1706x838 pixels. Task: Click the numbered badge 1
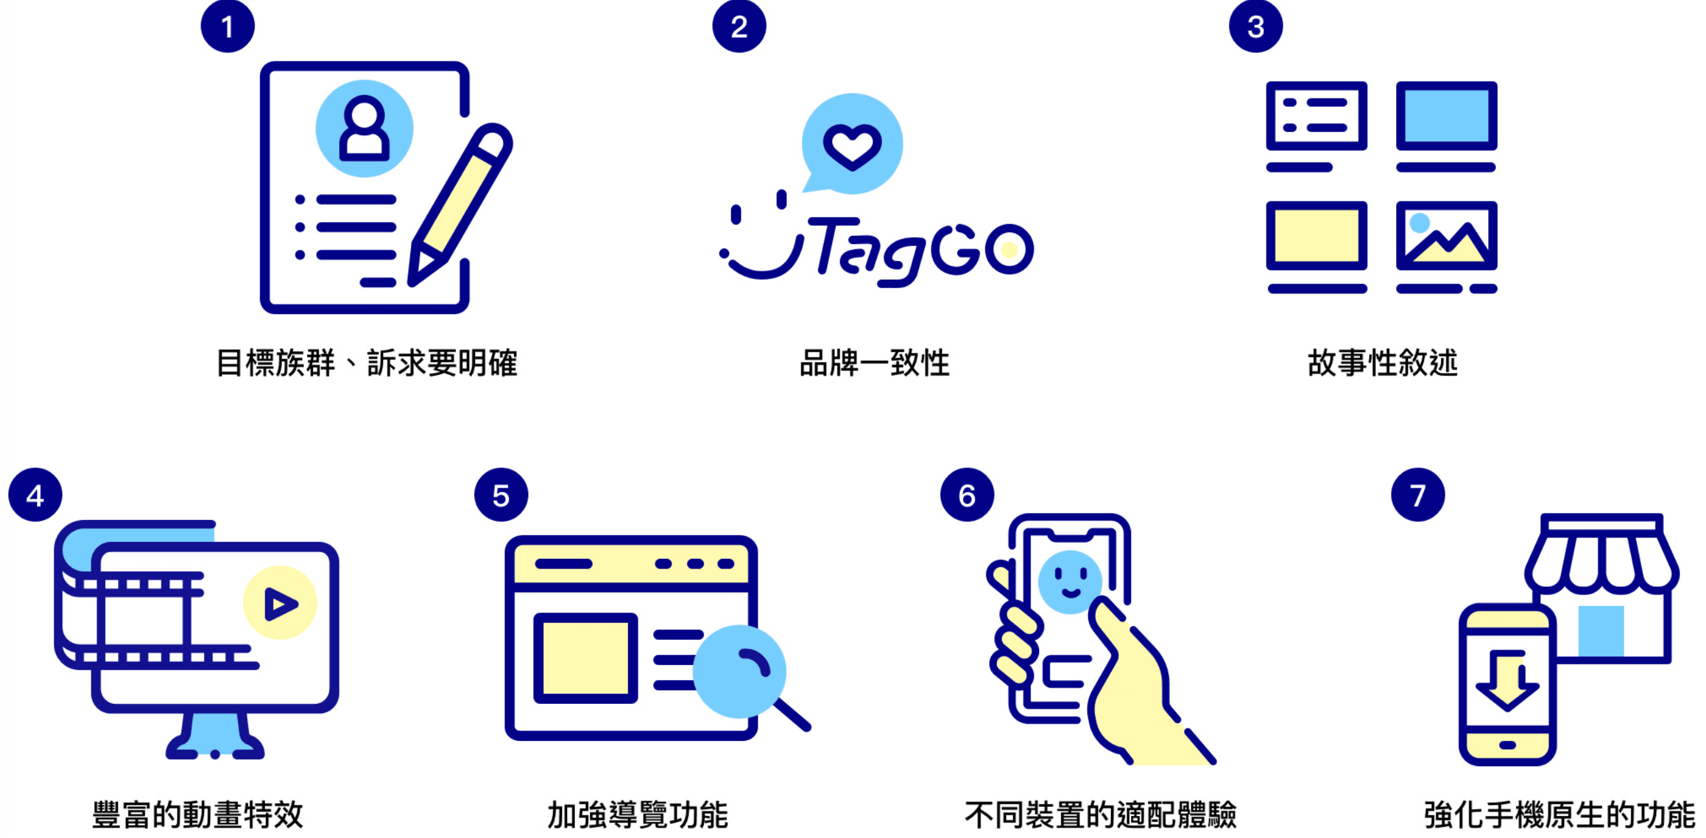[x=228, y=26]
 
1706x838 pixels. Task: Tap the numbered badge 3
[x=1256, y=26]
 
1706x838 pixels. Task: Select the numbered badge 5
[x=501, y=495]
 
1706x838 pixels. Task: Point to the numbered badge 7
[x=1418, y=495]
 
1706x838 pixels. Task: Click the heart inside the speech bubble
[x=852, y=146]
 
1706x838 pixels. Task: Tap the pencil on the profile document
[x=460, y=205]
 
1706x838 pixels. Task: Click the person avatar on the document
[x=364, y=128]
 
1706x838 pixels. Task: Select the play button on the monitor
[x=280, y=603]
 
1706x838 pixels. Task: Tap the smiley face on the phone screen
[x=1069, y=582]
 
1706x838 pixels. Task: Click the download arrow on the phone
[x=1507, y=679]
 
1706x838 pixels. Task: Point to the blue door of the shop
[x=1601, y=631]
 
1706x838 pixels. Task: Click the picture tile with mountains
[x=1446, y=236]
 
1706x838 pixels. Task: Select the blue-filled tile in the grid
[x=1446, y=116]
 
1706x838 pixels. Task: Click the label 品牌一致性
[x=875, y=363]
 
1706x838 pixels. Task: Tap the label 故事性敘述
[x=1383, y=363]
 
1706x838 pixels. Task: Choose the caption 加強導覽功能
[x=638, y=814]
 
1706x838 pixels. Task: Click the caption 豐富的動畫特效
[x=197, y=814]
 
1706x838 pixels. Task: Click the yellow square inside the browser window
[x=585, y=658]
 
